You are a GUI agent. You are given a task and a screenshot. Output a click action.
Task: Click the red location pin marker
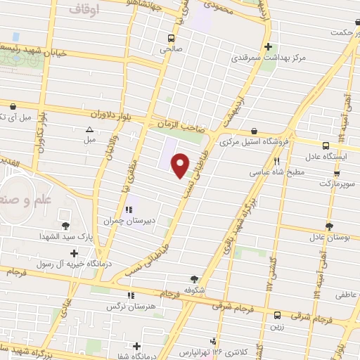(181, 165)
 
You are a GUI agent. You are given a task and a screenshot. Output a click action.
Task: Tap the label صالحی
(170, 49)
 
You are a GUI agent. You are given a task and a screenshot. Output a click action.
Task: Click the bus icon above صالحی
(170, 38)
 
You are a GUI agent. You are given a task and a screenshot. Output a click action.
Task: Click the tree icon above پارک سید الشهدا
(66, 226)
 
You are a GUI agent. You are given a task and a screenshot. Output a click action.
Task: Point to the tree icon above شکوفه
(194, 279)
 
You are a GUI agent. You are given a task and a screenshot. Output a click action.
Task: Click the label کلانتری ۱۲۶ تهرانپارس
(204, 351)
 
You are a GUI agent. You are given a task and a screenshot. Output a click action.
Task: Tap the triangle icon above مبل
(89, 129)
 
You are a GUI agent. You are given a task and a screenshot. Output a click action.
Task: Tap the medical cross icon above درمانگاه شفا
(136, 346)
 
